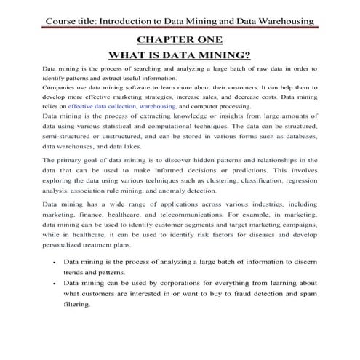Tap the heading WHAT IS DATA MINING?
(180, 54)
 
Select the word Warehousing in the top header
(287, 21)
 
